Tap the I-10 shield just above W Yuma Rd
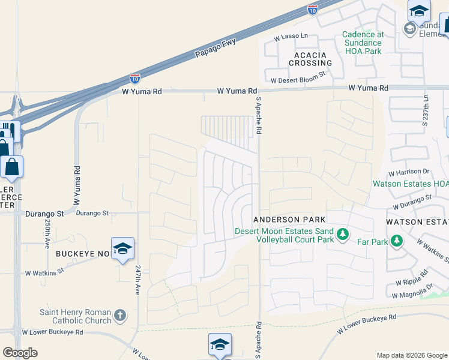point(136,79)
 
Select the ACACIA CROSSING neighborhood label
point(310,59)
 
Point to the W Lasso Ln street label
point(291,37)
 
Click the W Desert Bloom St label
point(298,80)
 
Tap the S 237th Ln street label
point(426,110)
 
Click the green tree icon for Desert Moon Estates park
point(342,233)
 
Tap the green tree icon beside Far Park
point(396,241)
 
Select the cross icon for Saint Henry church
point(120,315)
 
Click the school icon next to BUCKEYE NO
point(122,249)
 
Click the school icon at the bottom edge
point(220,345)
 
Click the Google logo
point(20,353)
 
